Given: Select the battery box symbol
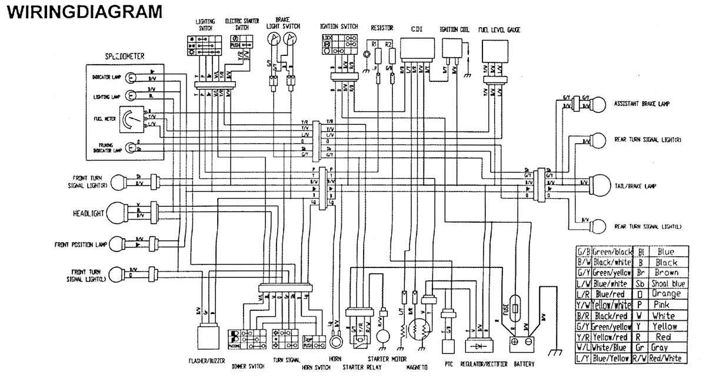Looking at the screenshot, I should [521, 342].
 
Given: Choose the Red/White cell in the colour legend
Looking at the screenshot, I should [667, 358].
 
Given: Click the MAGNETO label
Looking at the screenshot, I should [416, 368].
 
